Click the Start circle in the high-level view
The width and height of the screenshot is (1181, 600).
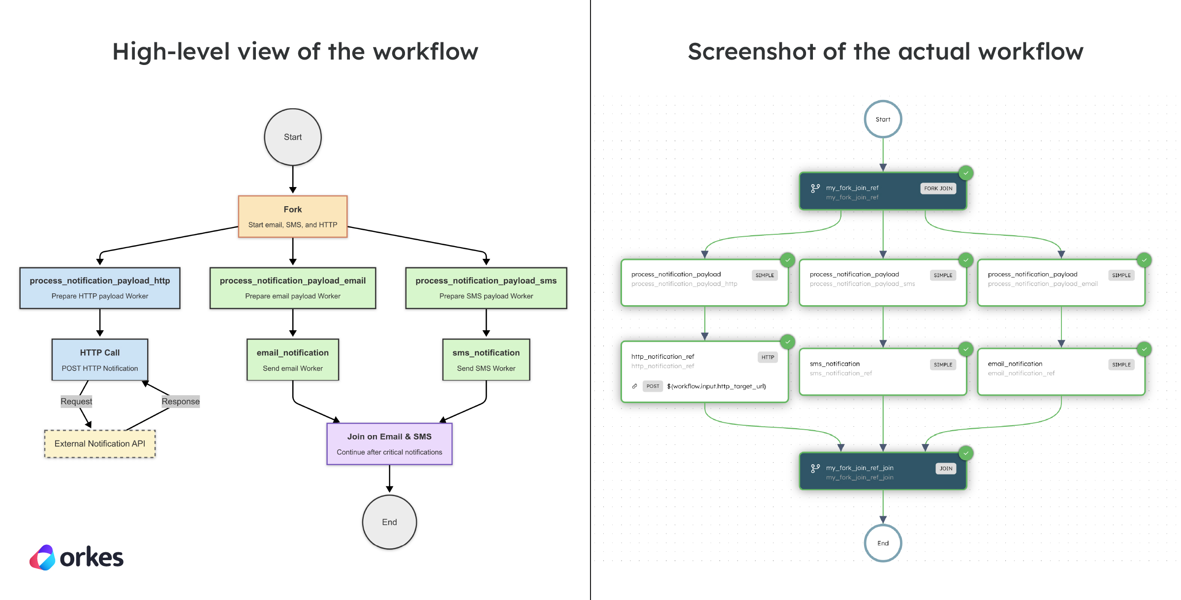pos(293,137)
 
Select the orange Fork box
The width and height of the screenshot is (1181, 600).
pos(293,217)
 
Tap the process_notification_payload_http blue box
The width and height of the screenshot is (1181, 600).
pos(100,288)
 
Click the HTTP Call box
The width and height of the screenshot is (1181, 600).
pos(100,360)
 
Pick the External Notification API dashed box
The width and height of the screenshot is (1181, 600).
pos(100,443)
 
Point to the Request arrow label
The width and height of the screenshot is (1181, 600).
pos(76,401)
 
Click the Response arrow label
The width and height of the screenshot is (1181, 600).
pos(181,401)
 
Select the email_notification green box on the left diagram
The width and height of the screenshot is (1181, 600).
pos(293,360)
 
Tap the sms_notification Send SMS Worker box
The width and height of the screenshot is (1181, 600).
pos(486,360)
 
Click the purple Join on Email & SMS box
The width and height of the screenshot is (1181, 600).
pos(389,444)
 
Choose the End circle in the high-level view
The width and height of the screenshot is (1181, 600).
pos(389,522)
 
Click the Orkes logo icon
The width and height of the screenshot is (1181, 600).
pos(43,558)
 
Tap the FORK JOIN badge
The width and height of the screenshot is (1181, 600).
pos(938,189)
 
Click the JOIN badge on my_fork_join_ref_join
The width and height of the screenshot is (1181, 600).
pos(946,469)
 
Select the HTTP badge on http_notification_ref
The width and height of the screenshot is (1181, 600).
pos(768,357)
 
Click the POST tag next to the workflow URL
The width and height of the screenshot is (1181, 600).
pos(653,386)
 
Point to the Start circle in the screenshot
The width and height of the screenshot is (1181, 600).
pos(883,119)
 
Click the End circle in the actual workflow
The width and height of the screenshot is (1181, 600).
pos(883,543)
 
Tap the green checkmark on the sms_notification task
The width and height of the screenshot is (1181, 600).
pos(966,349)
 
